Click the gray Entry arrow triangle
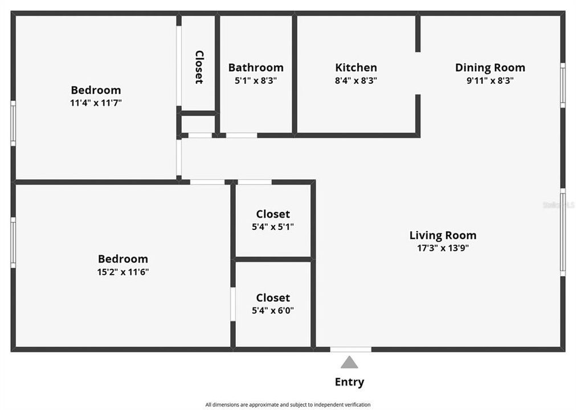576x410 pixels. [x=349, y=362]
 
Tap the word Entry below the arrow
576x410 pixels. [x=349, y=382]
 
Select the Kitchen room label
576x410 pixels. [x=356, y=68]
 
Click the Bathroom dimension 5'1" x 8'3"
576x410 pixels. [x=256, y=80]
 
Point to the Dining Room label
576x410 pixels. [x=490, y=68]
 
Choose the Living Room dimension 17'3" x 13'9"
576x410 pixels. [x=443, y=248]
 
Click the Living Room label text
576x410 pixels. [x=443, y=235]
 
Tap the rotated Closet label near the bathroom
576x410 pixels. [x=199, y=67]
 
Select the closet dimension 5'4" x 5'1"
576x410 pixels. [x=273, y=227]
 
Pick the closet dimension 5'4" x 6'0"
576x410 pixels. [x=273, y=311]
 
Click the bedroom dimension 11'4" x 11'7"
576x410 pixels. [x=96, y=103]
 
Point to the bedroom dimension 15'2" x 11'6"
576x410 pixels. [x=123, y=272]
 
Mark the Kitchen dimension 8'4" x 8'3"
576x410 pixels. [x=356, y=80]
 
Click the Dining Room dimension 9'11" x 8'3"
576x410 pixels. [x=490, y=80]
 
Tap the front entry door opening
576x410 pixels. [x=350, y=350]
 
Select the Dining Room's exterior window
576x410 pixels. [x=563, y=85]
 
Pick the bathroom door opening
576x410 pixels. [x=242, y=136]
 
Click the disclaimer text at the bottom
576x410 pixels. [x=288, y=404]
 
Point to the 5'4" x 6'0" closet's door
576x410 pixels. [x=233, y=304]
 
